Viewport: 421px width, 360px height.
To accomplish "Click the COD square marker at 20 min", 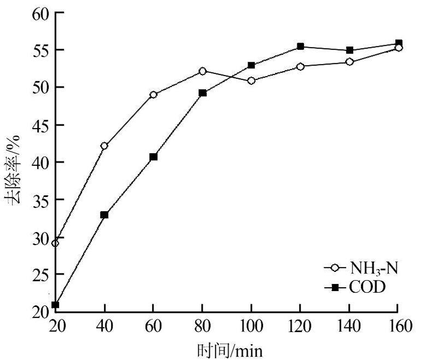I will (55, 305).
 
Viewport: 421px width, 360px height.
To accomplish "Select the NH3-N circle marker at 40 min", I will (104, 146).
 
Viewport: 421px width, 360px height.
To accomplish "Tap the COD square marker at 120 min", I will (300, 47).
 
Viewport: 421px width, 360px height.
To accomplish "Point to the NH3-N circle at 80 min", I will (202, 71).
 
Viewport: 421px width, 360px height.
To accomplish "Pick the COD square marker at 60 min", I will (153, 156).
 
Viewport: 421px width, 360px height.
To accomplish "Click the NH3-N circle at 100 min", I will (252, 81).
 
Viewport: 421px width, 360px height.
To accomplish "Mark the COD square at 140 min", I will (350, 50).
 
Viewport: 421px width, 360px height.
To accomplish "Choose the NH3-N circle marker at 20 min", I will (55, 243).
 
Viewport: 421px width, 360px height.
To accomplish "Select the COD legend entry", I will (358, 286).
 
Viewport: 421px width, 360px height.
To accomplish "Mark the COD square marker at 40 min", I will (104, 215).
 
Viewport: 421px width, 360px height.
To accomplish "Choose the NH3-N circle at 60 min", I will (153, 95).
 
